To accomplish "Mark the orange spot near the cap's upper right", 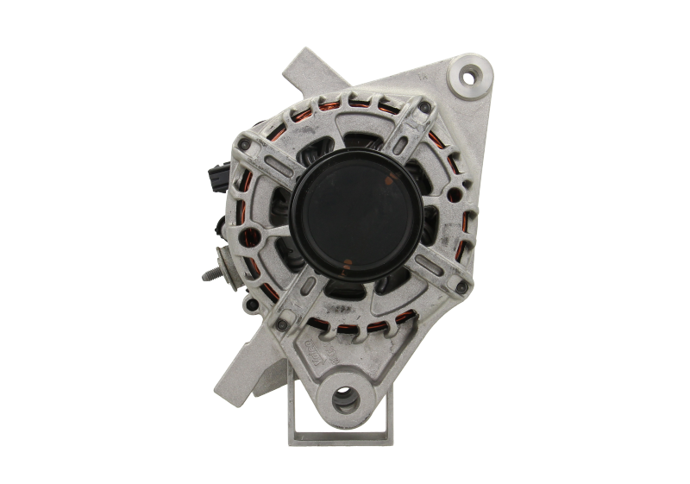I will pos(392,178).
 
